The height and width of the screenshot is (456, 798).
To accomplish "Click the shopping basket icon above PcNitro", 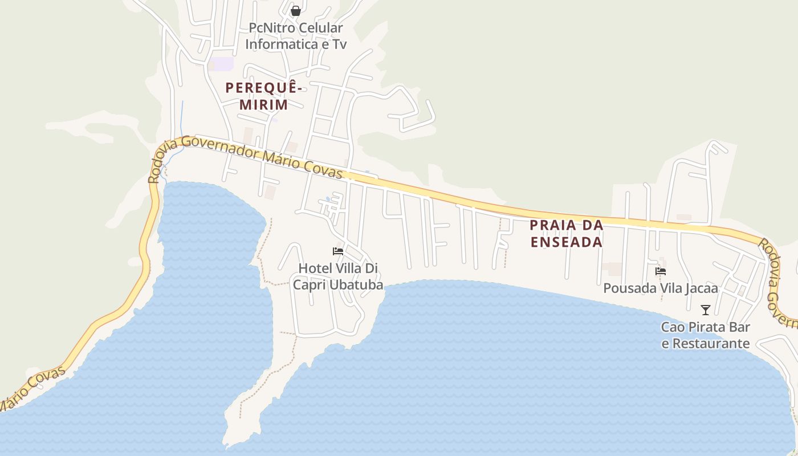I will (x=295, y=10).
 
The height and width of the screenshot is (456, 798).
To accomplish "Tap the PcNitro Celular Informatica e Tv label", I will (x=295, y=36).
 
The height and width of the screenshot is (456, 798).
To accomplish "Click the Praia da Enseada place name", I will (x=567, y=234).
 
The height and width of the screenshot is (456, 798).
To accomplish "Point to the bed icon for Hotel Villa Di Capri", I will (x=338, y=251).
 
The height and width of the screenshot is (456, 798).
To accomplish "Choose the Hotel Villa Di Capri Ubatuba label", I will (x=338, y=276).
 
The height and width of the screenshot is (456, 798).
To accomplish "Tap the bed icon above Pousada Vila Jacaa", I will (x=661, y=271).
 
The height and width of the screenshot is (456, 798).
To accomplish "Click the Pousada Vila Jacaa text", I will (x=660, y=289).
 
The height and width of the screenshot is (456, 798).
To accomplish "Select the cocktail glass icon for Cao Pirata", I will (x=706, y=310).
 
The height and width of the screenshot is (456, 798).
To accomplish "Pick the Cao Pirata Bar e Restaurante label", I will (x=706, y=335).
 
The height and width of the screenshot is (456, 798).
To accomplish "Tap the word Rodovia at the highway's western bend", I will (x=158, y=164).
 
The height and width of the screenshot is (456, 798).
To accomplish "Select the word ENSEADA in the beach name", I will (x=567, y=242).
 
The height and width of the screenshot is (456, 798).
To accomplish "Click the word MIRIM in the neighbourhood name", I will (x=263, y=104).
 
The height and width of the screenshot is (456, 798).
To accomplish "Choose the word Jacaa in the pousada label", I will (x=701, y=289).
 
